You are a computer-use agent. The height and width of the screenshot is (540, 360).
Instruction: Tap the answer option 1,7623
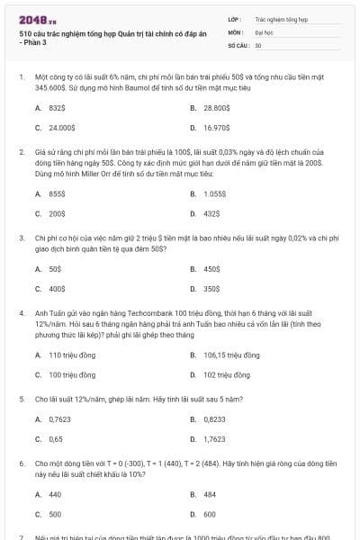click(214, 439)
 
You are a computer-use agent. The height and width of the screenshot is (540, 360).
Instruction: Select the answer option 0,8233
click(214, 419)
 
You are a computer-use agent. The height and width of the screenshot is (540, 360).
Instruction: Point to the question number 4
click(21, 311)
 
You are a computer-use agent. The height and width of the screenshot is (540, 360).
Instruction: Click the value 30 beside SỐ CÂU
click(258, 44)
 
